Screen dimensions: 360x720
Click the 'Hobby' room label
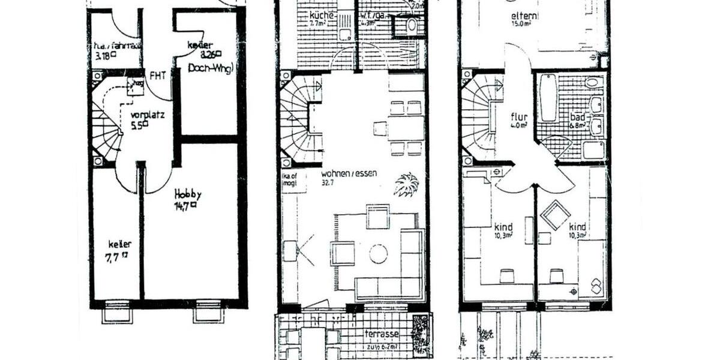187,194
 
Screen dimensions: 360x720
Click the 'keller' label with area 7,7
119,244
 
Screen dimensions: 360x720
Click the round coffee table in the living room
378,254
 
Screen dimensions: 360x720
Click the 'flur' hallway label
518,116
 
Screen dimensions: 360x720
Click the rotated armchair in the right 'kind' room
555,215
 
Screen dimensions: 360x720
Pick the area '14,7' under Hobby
185,205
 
